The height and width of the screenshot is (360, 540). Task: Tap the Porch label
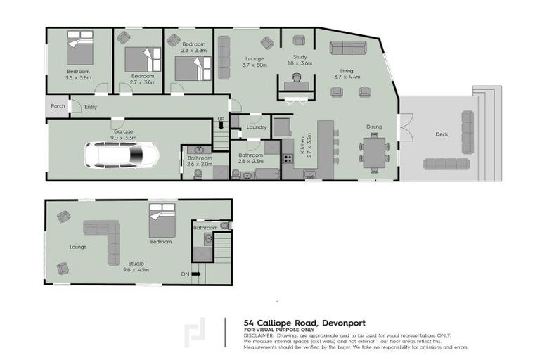(58, 106)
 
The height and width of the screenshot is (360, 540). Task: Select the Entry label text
(91, 107)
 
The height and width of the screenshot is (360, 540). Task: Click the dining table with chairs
(374, 152)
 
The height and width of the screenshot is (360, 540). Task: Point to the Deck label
(441, 134)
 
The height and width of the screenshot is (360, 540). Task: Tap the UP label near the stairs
(220, 120)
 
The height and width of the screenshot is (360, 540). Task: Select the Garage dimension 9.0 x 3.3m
(124, 138)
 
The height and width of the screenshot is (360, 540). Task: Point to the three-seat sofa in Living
(348, 48)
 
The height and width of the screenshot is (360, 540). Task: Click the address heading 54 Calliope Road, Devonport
(304, 322)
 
